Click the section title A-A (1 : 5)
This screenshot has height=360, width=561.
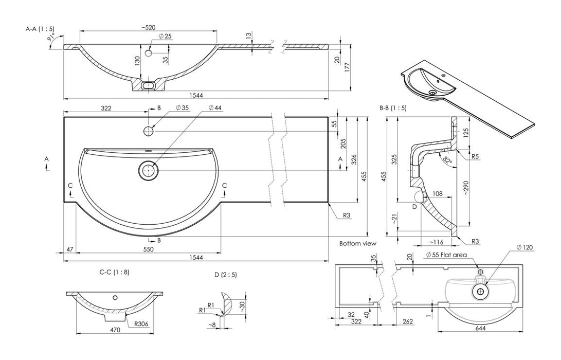pyautogui.click(x=40, y=29)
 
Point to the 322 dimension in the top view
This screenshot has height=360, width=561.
pyautogui.click(x=105, y=109)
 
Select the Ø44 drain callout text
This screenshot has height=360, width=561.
pyautogui.click(x=216, y=108)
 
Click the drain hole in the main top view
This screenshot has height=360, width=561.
pyautogui.click(x=149, y=170)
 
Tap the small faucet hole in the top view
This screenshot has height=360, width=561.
pyautogui.click(x=149, y=131)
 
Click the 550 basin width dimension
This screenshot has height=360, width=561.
pyautogui.click(x=148, y=249)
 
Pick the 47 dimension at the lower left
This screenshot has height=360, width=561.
pyautogui.click(x=69, y=249)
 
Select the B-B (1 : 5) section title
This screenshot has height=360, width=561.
pyautogui.click(x=393, y=108)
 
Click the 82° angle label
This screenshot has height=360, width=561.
pyautogui.click(x=447, y=160)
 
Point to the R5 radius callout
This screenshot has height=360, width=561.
pyautogui.click(x=475, y=156)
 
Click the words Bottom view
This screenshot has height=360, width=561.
pyautogui.click(x=357, y=243)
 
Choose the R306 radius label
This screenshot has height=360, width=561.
pyautogui.click(x=142, y=325)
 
